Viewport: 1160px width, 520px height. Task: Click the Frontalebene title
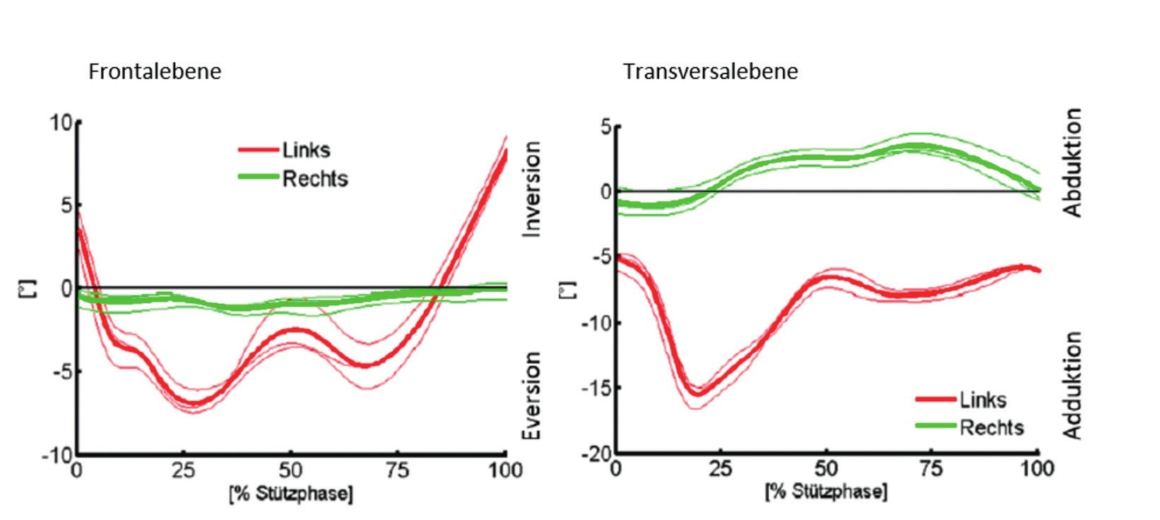click(x=154, y=71)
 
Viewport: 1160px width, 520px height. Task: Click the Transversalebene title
click(x=710, y=71)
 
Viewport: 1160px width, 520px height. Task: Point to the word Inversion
click(x=531, y=189)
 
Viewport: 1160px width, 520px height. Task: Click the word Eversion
click(x=531, y=396)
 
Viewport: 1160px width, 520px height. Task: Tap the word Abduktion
click(x=1072, y=162)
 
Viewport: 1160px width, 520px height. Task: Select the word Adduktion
click(x=1072, y=386)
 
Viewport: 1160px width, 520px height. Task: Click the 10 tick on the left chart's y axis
click(x=61, y=123)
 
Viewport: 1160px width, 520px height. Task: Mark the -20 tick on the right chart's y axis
click(x=597, y=453)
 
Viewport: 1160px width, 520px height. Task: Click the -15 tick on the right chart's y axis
click(x=597, y=388)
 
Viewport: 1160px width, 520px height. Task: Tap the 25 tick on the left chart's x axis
click(x=184, y=470)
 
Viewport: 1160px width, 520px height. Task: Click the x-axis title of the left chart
click(x=290, y=493)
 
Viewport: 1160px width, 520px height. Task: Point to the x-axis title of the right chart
click(x=826, y=491)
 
